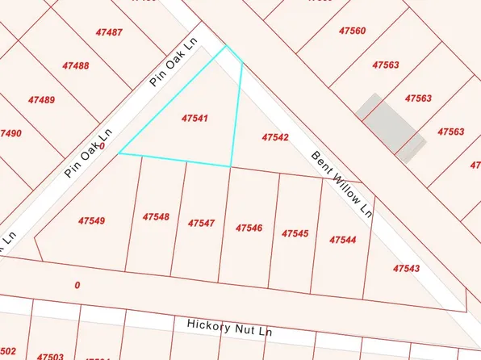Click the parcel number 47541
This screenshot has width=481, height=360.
pyautogui.click(x=197, y=118)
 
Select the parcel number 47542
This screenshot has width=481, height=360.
pyautogui.click(x=275, y=138)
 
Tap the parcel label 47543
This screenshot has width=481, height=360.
pyautogui.click(x=406, y=268)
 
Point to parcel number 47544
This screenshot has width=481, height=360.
pyautogui.click(x=343, y=240)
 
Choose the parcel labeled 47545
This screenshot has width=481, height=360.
pyautogui.click(x=295, y=233)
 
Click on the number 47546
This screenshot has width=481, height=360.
pyautogui.click(x=249, y=228)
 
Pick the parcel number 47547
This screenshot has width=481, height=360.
pyautogui.click(x=201, y=223)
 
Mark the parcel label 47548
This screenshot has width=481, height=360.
pyautogui.click(x=156, y=217)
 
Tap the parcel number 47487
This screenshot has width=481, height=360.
pyautogui.click(x=109, y=32)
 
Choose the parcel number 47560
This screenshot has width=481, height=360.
pyautogui.click(x=353, y=31)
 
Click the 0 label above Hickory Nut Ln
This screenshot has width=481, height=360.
pyautogui.click(x=77, y=285)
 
